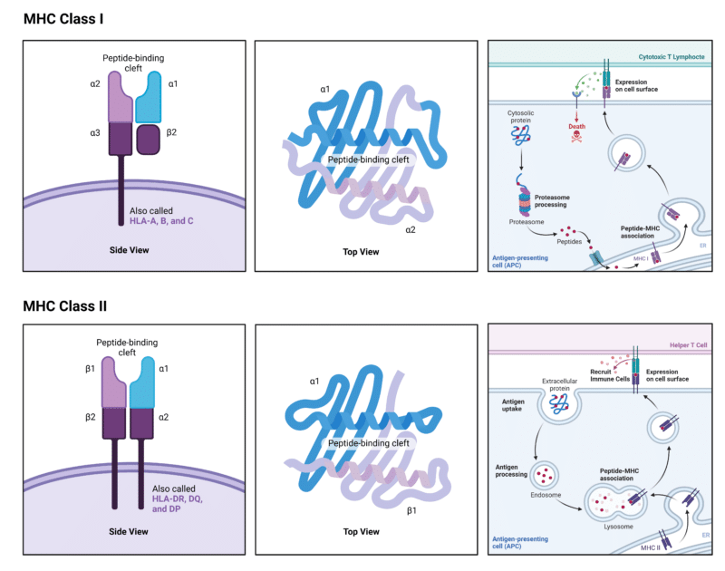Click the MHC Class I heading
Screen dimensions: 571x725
coord(68,17)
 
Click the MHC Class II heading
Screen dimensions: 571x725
coord(71,306)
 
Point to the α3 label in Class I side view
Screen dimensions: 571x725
coord(95,134)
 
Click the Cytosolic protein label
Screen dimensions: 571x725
coord(521,117)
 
